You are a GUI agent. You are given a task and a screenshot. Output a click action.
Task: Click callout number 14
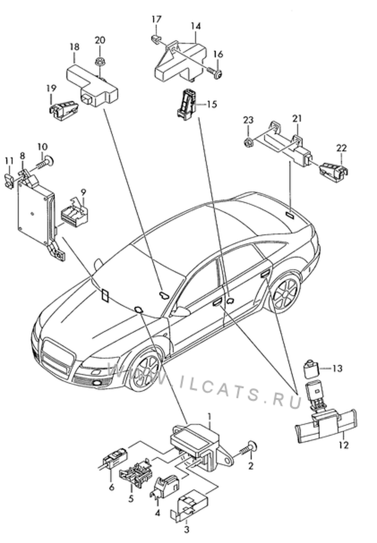pos(195,26)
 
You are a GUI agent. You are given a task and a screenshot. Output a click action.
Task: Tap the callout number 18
pos(74,47)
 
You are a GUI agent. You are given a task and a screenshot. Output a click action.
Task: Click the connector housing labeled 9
pos(74,214)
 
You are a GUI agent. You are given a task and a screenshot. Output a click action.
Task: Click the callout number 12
pos(344,445)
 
